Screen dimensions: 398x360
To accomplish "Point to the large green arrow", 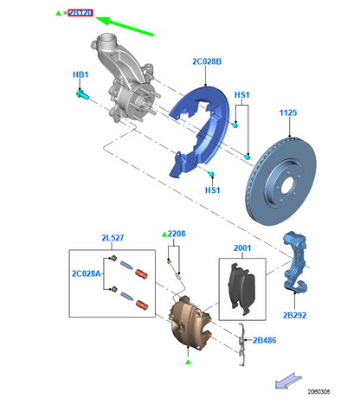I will point(125,25).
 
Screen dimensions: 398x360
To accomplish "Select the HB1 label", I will point(79,75).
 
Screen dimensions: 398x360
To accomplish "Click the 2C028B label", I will point(207,61).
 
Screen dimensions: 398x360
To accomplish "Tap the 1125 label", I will point(289,113).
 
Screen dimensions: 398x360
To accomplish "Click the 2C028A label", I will point(84,273).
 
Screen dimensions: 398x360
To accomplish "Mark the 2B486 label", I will point(265,340).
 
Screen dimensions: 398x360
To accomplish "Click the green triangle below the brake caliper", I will point(184,355).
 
